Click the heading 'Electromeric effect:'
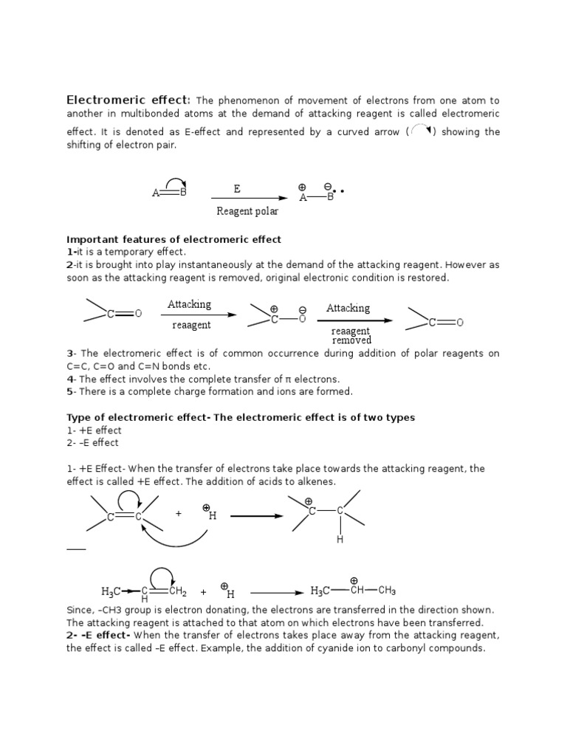129,100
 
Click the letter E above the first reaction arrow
237,189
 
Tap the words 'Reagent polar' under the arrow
247,211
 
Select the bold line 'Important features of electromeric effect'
173,240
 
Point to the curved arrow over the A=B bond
174,182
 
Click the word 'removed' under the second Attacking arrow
351,340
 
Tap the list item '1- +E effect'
94,430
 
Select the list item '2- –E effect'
93,443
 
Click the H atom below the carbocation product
340,540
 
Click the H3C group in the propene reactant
111,591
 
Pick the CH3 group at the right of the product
388,591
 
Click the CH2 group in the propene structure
177,591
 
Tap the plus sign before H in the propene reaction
203,591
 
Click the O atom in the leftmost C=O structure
138,314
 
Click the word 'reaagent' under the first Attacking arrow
191,325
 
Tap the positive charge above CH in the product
354,580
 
